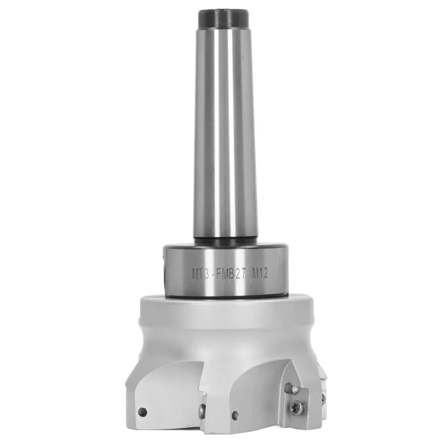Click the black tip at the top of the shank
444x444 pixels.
tap(221, 17)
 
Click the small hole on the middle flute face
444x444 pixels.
tap(237, 413)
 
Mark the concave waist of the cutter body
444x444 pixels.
tap(222, 339)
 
